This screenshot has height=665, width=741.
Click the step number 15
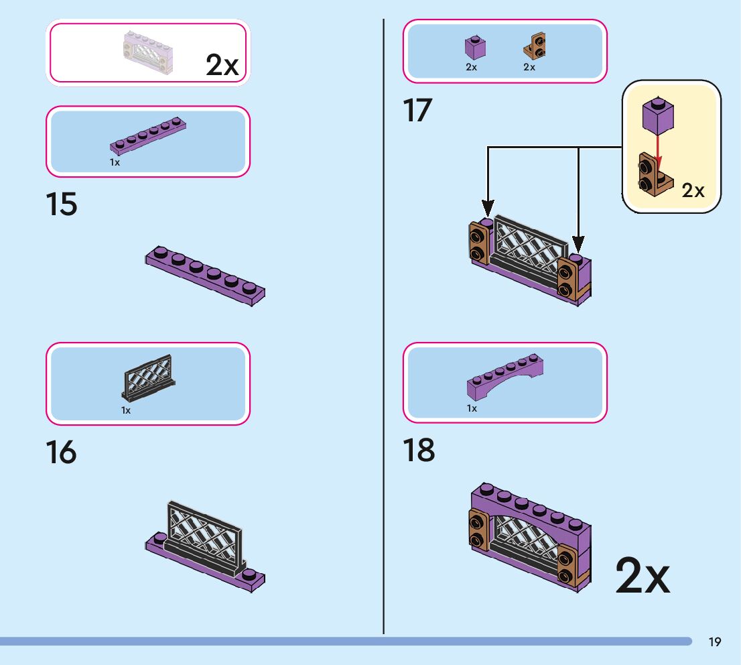(62, 205)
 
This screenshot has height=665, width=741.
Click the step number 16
(62, 452)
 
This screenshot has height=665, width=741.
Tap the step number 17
(417, 111)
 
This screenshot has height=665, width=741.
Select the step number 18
(419, 450)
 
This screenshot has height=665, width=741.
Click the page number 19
(714, 642)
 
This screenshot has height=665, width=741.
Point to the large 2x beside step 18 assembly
(642, 575)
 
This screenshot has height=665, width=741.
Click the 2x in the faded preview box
(222, 65)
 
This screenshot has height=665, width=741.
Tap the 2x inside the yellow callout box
(693, 190)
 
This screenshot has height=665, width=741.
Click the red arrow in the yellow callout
(658, 149)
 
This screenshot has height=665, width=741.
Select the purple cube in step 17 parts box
(475, 48)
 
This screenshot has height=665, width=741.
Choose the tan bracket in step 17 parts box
(534, 46)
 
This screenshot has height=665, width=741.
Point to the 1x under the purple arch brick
(472, 408)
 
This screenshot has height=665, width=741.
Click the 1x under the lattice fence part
(126, 410)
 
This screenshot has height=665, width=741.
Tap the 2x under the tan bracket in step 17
(529, 67)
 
